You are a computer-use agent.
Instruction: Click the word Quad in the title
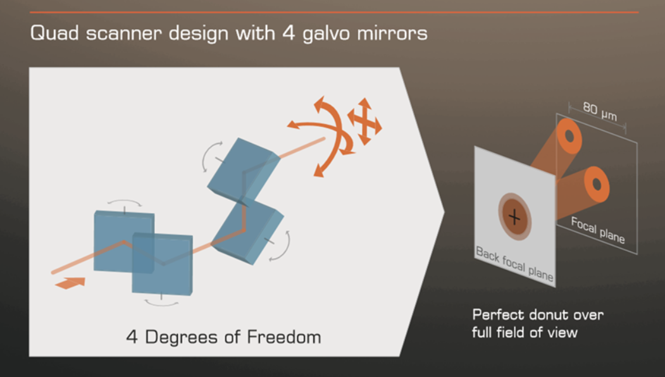[54, 33]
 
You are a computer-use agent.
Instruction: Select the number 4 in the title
[289, 33]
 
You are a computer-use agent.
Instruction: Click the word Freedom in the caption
[283, 337]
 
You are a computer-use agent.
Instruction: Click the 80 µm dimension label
[600, 111]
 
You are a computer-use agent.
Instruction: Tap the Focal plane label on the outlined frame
[597, 230]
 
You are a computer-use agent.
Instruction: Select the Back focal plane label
[514, 263]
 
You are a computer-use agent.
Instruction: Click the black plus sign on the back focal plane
[514, 218]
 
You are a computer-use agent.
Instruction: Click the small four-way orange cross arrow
[364, 121]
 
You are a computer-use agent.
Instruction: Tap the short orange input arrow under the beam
[70, 283]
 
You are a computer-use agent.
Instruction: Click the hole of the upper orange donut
[569, 136]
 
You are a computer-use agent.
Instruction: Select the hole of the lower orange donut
[597, 185]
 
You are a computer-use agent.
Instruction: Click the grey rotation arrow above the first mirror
[124, 202]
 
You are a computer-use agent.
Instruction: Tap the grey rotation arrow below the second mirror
[161, 303]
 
